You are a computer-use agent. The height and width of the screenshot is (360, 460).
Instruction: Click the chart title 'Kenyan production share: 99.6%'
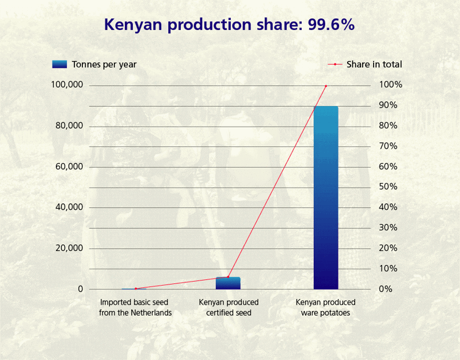click(229, 25)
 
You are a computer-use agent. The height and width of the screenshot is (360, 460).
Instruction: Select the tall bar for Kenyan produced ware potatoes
click(326, 197)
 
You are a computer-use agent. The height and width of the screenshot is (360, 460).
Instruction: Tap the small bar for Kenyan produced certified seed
click(228, 283)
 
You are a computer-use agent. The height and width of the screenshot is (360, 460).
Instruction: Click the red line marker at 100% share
click(326, 86)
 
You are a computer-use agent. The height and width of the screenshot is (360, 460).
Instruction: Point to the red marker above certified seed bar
click(228, 277)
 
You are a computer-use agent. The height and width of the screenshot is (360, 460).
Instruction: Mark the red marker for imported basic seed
click(136, 289)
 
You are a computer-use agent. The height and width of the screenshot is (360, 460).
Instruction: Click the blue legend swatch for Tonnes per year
click(60, 64)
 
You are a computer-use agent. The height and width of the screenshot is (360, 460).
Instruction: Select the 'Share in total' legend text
click(374, 65)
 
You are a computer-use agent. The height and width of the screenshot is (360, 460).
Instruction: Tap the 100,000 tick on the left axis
click(67, 85)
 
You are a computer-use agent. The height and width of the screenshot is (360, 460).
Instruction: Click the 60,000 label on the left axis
click(69, 167)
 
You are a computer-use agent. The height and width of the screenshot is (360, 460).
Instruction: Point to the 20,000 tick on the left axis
click(69, 248)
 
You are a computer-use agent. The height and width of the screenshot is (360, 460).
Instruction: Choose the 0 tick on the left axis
click(81, 289)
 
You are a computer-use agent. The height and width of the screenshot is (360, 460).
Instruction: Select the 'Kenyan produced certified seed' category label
click(229, 308)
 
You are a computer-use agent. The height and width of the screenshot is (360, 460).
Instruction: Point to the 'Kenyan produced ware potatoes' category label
click(326, 308)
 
